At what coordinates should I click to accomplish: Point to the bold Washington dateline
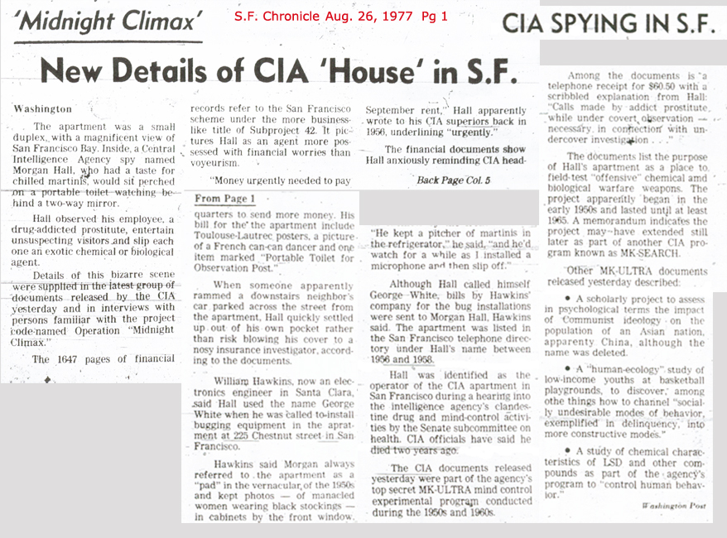43,108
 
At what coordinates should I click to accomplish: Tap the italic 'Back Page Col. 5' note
452,179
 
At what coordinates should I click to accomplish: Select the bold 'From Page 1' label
225,199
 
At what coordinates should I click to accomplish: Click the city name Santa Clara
319,396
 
